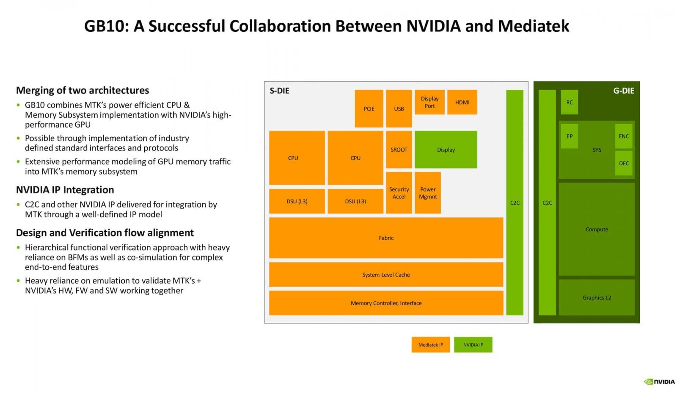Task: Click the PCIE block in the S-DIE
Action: pyautogui.click(x=369, y=108)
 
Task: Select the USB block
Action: pyautogui.click(x=399, y=108)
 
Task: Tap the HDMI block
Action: pyautogui.click(x=462, y=102)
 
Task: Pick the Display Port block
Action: pyautogui.click(x=429, y=102)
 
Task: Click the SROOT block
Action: pyautogui.click(x=399, y=150)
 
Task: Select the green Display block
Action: pyautogui.click(x=446, y=150)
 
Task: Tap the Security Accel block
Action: pyautogui.click(x=399, y=193)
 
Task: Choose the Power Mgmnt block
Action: pyautogui.click(x=428, y=193)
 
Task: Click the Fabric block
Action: pyautogui.click(x=386, y=238)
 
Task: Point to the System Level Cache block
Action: pyautogui.click(x=386, y=275)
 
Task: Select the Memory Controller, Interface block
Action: pyautogui.click(x=386, y=303)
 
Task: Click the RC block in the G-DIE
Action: pyautogui.click(x=570, y=102)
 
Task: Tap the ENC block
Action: pyautogui.click(x=624, y=136)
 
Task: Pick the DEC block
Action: pyautogui.click(x=624, y=163)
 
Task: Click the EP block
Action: pyautogui.click(x=570, y=136)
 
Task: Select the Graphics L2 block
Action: pyautogui.click(x=597, y=297)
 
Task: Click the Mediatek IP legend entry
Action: pyautogui.click(x=430, y=344)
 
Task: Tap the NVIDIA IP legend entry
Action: pyautogui.click(x=473, y=344)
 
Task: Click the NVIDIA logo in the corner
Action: pyautogui.click(x=659, y=381)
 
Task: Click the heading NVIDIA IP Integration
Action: pyautogui.click(x=65, y=190)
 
